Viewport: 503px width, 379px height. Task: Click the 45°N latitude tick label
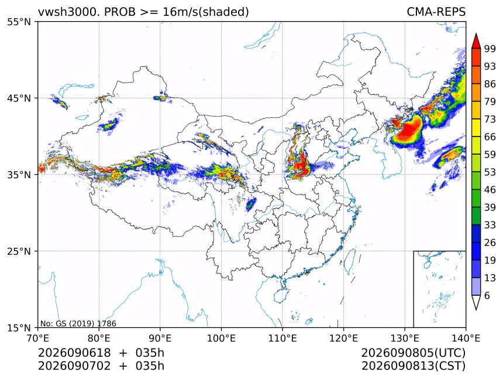19,98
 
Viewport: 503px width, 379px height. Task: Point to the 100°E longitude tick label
221,338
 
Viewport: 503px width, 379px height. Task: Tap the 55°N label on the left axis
19,22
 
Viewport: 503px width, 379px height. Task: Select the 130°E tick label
405,338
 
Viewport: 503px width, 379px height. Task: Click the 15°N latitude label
19,327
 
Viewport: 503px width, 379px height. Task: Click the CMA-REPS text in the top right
436,12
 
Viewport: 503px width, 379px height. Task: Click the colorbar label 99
490,49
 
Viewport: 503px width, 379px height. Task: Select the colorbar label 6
487,295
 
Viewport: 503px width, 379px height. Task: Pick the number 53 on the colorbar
490,172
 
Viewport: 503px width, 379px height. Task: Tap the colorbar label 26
490,243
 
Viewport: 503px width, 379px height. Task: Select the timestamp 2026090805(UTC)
413,353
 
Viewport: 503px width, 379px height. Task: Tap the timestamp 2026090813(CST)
413,366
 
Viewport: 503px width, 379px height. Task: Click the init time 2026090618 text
74,353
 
